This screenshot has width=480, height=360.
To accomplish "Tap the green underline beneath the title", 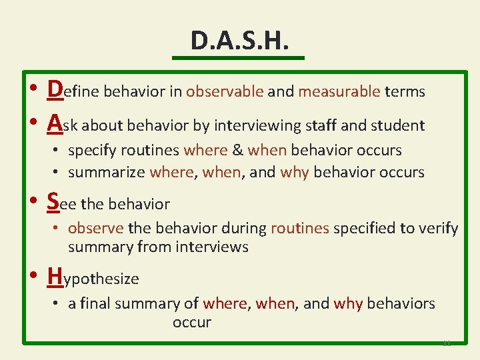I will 238,58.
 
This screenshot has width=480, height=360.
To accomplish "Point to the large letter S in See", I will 53,201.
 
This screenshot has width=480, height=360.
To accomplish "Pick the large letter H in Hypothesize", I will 56,275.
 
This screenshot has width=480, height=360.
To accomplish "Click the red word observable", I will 225,91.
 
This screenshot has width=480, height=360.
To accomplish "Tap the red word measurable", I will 339,91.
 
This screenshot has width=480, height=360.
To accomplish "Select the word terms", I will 405,91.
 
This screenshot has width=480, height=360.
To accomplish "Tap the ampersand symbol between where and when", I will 237,150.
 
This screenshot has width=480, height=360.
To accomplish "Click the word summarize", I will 107,172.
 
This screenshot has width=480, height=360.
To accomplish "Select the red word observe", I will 96,228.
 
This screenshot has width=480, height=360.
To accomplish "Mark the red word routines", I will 300,228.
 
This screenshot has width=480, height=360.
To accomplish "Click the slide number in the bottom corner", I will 446,342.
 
